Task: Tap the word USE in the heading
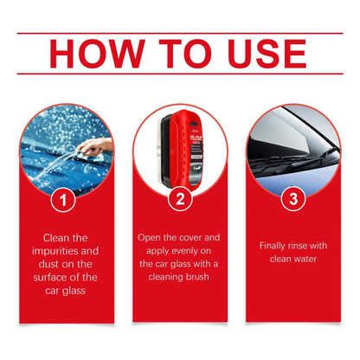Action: pos(267,54)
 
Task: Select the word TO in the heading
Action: pos(186,54)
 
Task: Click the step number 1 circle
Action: pos(63,200)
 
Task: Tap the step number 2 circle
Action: pos(180,199)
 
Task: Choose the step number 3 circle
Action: pos(293,199)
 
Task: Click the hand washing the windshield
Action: pos(94,147)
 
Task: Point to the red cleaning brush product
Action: pos(181,149)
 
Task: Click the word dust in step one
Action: pos(48,264)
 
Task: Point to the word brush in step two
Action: pos(197,277)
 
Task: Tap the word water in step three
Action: pos(305,259)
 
